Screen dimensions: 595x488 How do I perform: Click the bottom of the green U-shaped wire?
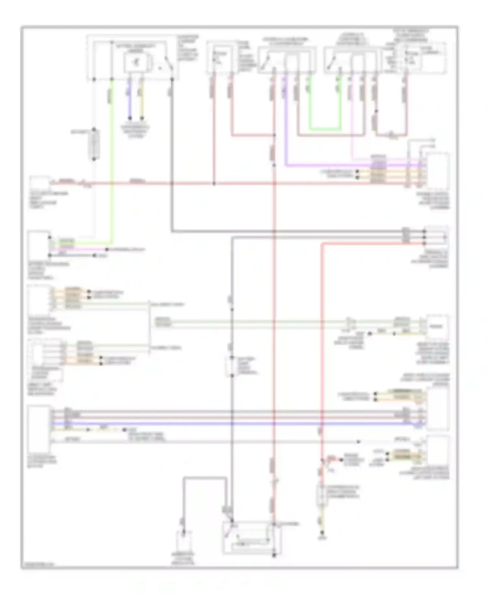coord(325,129)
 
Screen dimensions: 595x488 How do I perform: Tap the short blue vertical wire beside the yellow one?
coord(129,98)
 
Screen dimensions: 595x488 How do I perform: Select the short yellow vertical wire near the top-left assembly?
coord(142,98)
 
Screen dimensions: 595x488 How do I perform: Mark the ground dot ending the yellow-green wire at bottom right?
coord(322,533)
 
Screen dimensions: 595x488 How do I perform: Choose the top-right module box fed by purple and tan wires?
coord(439,172)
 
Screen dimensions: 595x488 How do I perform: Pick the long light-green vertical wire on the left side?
coord(112,163)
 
